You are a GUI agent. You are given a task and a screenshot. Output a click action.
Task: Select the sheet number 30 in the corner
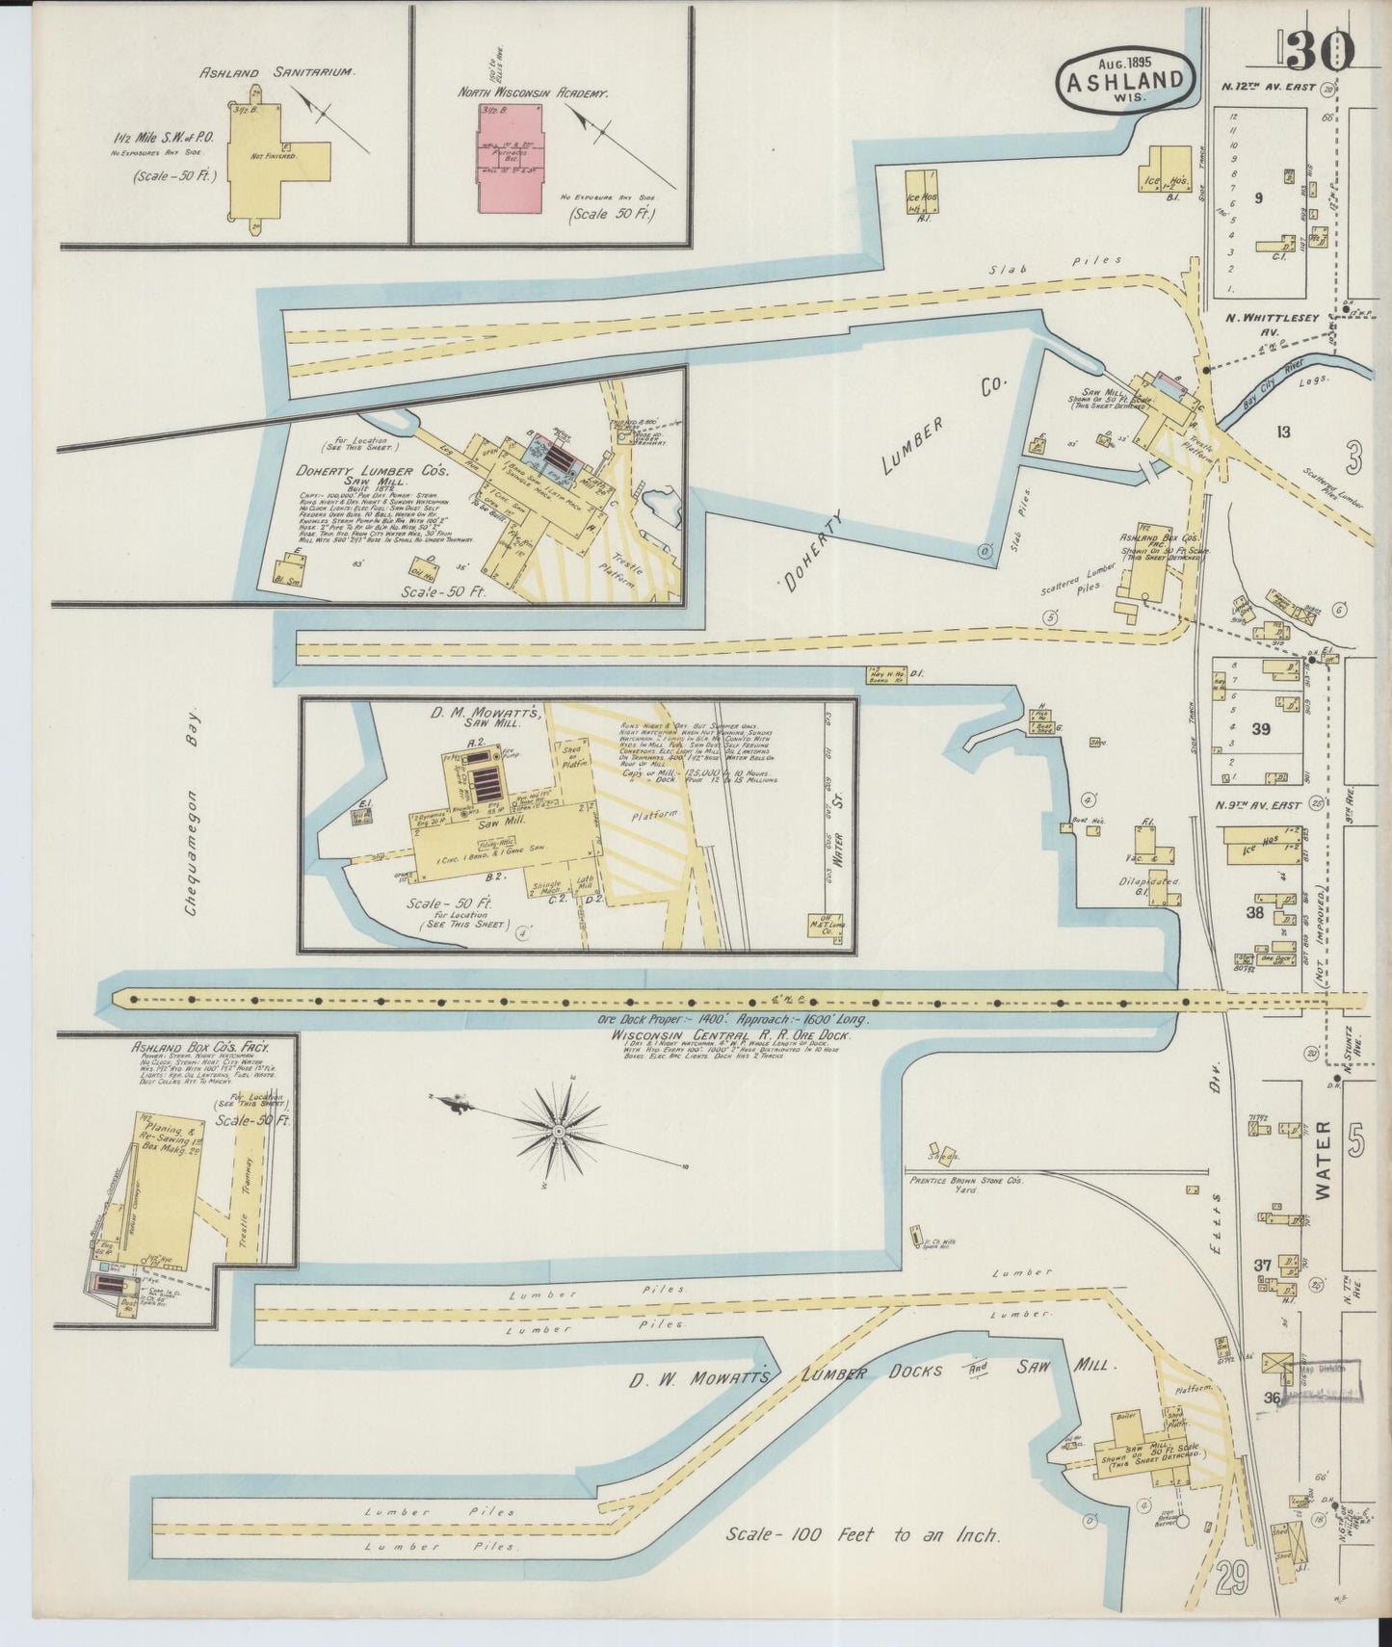1319,50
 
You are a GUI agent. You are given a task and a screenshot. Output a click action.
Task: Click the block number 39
1260,729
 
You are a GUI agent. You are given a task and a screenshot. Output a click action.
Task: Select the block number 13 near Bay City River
1282,431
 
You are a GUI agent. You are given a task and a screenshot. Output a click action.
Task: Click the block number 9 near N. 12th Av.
1258,198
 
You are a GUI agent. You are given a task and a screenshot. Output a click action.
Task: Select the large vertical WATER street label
1323,1159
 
